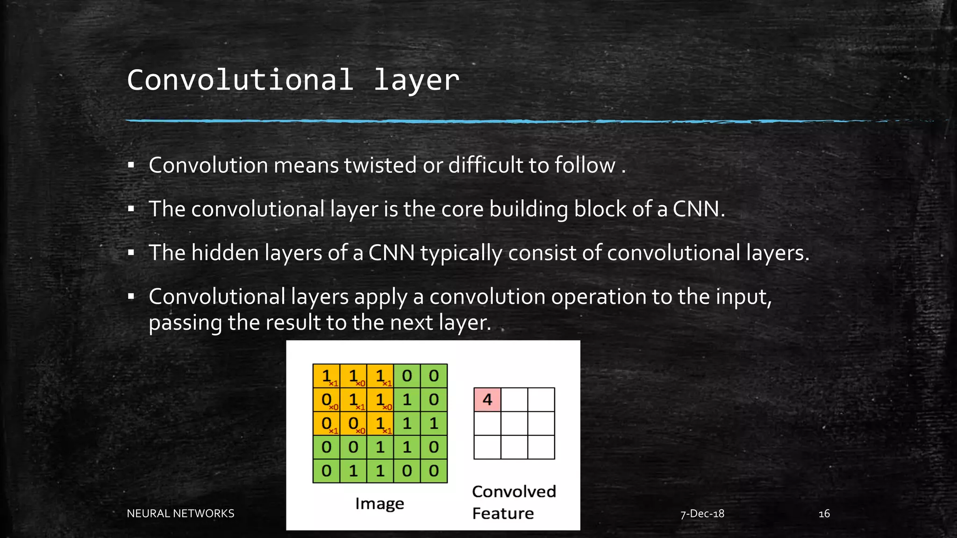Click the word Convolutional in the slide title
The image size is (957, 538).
(240, 80)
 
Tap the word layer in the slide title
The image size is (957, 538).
(416, 81)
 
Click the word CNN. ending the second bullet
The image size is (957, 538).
(699, 209)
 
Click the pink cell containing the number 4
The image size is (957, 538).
(487, 400)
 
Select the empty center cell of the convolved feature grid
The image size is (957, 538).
(514, 424)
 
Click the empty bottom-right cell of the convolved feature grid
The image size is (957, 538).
(541, 447)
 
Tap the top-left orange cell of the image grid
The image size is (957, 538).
(326, 376)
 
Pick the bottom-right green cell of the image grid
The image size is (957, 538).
(434, 471)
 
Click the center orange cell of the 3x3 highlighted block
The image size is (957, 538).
(353, 400)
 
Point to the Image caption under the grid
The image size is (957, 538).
(379, 503)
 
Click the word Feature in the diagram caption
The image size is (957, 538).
(503, 514)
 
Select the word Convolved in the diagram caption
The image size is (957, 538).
(514, 492)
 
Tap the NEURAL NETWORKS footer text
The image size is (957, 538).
(180, 514)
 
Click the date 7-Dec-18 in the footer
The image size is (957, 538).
(702, 514)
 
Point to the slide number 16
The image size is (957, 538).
(824, 514)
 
